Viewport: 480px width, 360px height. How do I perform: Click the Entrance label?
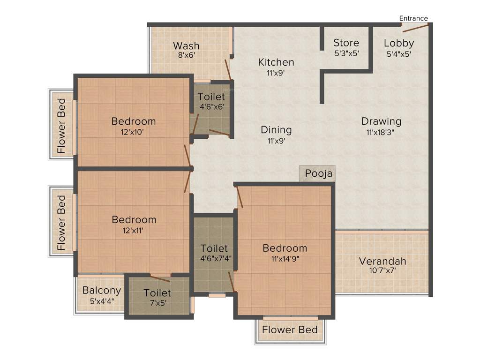point(413,18)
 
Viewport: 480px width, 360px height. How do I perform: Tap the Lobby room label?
point(399,43)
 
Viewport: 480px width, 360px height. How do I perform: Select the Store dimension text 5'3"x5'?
point(346,53)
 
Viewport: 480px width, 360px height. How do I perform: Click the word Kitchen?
point(276,62)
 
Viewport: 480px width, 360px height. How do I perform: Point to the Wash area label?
point(186,45)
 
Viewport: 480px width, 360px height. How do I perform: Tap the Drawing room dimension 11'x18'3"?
point(381,132)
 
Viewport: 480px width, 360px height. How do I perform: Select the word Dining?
point(276,130)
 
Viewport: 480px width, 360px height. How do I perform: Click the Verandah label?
point(382,261)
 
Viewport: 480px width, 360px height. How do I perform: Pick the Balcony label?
point(102,290)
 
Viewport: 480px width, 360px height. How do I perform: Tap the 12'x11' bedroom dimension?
point(134,230)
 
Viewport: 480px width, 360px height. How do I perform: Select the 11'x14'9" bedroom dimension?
point(285,259)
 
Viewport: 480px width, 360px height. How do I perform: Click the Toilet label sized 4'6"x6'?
point(211,97)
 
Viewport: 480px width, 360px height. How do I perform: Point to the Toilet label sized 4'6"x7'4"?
point(214,248)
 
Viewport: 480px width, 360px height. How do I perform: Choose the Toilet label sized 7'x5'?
point(157,293)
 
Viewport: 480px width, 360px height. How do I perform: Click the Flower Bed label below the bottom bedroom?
point(290,330)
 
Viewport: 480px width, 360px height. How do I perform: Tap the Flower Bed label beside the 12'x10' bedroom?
point(61,126)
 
